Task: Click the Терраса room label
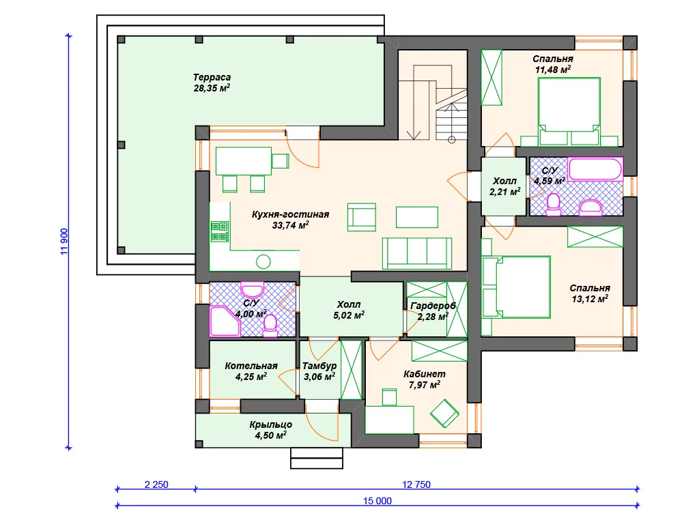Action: coord(212,78)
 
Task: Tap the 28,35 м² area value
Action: coord(212,88)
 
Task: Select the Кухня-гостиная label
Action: coord(290,214)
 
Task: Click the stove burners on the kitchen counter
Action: coord(220,231)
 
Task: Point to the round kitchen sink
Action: coord(263,261)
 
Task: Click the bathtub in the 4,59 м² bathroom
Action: coord(595,169)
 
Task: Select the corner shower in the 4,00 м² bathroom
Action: coord(225,321)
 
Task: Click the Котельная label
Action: coord(251,366)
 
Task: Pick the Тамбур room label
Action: coord(319,366)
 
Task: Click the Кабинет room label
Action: coord(425,375)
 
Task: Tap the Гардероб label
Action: coord(433,306)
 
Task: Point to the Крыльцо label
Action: coord(270,424)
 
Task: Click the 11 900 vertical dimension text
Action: coord(64,242)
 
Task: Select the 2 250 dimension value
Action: coord(156,484)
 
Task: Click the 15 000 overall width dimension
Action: coord(377,501)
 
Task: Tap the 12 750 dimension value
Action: coord(416,484)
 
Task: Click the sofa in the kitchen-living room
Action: coord(417,254)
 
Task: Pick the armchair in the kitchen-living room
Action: coord(362,218)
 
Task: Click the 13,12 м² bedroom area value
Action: coord(590,299)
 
